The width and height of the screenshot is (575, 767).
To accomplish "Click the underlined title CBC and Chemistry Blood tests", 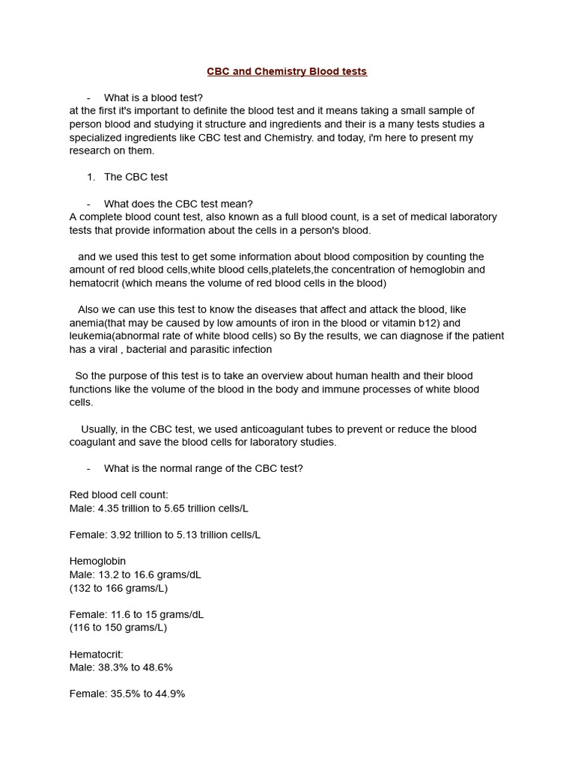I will click(287, 72).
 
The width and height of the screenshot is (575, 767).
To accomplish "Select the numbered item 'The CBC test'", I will click(136, 177).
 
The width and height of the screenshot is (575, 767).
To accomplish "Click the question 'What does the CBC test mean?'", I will click(178, 204).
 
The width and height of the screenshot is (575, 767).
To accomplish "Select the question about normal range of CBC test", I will click(203, 469).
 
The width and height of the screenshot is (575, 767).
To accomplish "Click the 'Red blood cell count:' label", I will click(119, 495).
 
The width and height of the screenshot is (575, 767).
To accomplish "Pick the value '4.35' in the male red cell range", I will click(109, 509).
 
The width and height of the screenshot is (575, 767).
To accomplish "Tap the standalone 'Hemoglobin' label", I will click(97, 561).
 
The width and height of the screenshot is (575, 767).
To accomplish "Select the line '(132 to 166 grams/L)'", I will click(118, 588).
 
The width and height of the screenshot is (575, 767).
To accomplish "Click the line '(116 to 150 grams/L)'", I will click(118, 628).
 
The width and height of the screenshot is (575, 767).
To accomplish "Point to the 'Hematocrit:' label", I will click(97, 654).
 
